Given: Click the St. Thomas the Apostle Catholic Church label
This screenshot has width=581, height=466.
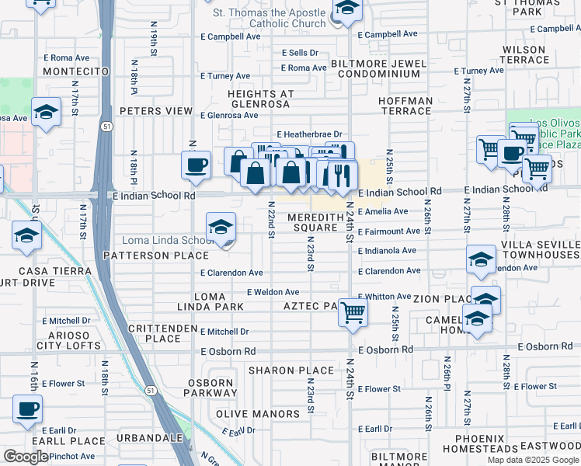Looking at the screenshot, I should [x=270, y=18].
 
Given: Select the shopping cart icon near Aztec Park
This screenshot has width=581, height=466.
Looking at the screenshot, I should [x=353, y=314].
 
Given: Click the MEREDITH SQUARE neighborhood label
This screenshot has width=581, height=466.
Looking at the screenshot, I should [x=313, y=223].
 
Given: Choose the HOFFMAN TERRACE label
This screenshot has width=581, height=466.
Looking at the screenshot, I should [x=405, y=106].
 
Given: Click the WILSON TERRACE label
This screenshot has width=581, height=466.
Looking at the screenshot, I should [x=525, y=54].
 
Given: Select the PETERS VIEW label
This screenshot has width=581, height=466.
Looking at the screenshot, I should [x=157, y=111].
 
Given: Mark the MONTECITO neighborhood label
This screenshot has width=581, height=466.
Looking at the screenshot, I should [x=75, y=71].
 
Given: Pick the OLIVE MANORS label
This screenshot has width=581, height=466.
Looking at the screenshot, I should [x=257, y=414].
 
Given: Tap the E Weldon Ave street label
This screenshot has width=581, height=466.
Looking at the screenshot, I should [x=273, y=292].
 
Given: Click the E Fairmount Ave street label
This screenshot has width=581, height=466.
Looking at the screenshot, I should [x=389, y=231].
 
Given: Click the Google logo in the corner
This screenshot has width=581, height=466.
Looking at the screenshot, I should [x=26, y=457].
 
